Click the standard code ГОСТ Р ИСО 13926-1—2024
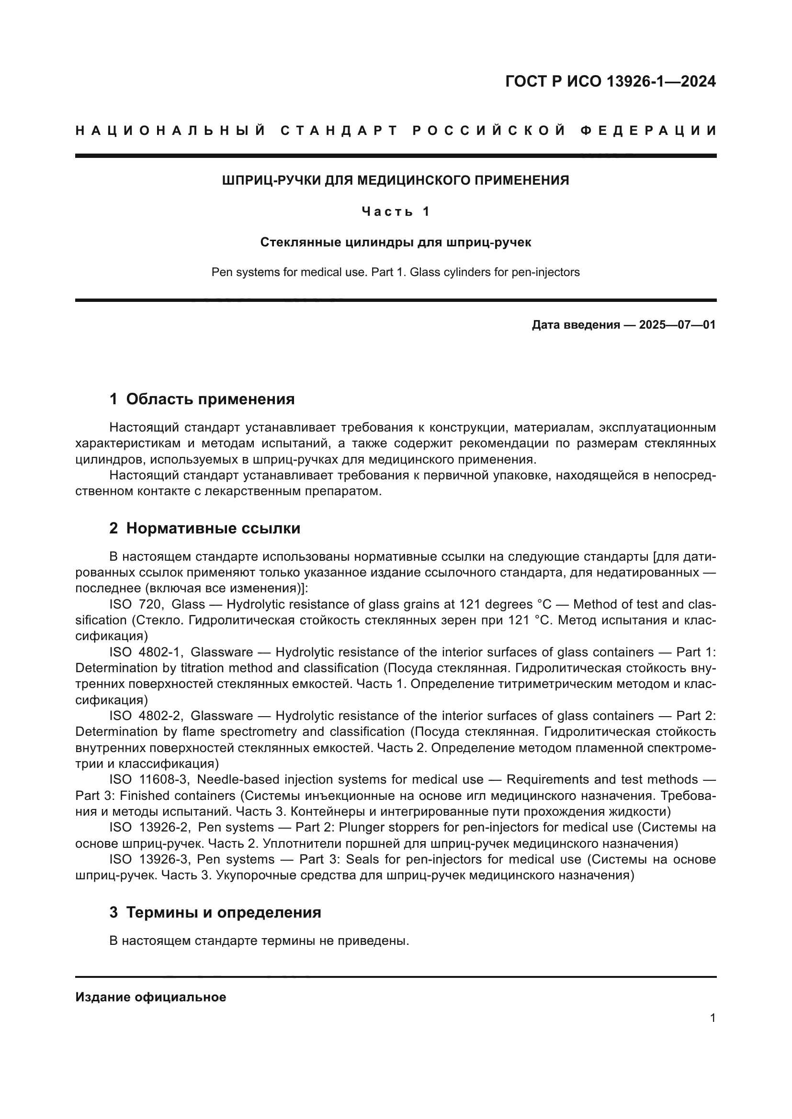tap(610, 81)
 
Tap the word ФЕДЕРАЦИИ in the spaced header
tap(648, 131)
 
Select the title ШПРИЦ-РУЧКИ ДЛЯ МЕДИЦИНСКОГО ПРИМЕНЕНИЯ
tap(396, 181)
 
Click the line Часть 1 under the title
tap(396, 211)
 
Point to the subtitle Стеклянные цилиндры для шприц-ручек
tap(396, 242)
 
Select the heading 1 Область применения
tap(202, 399)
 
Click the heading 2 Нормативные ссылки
tap(205, 528)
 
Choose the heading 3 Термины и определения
tap(215, 912)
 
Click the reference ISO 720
tap(136, 605)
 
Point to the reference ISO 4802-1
tap(146, 653)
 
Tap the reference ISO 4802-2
tap(146, 716)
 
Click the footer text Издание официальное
tap(151, 997)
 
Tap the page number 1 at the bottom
tap(713, 1018)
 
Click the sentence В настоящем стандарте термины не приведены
tap(259, 941)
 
